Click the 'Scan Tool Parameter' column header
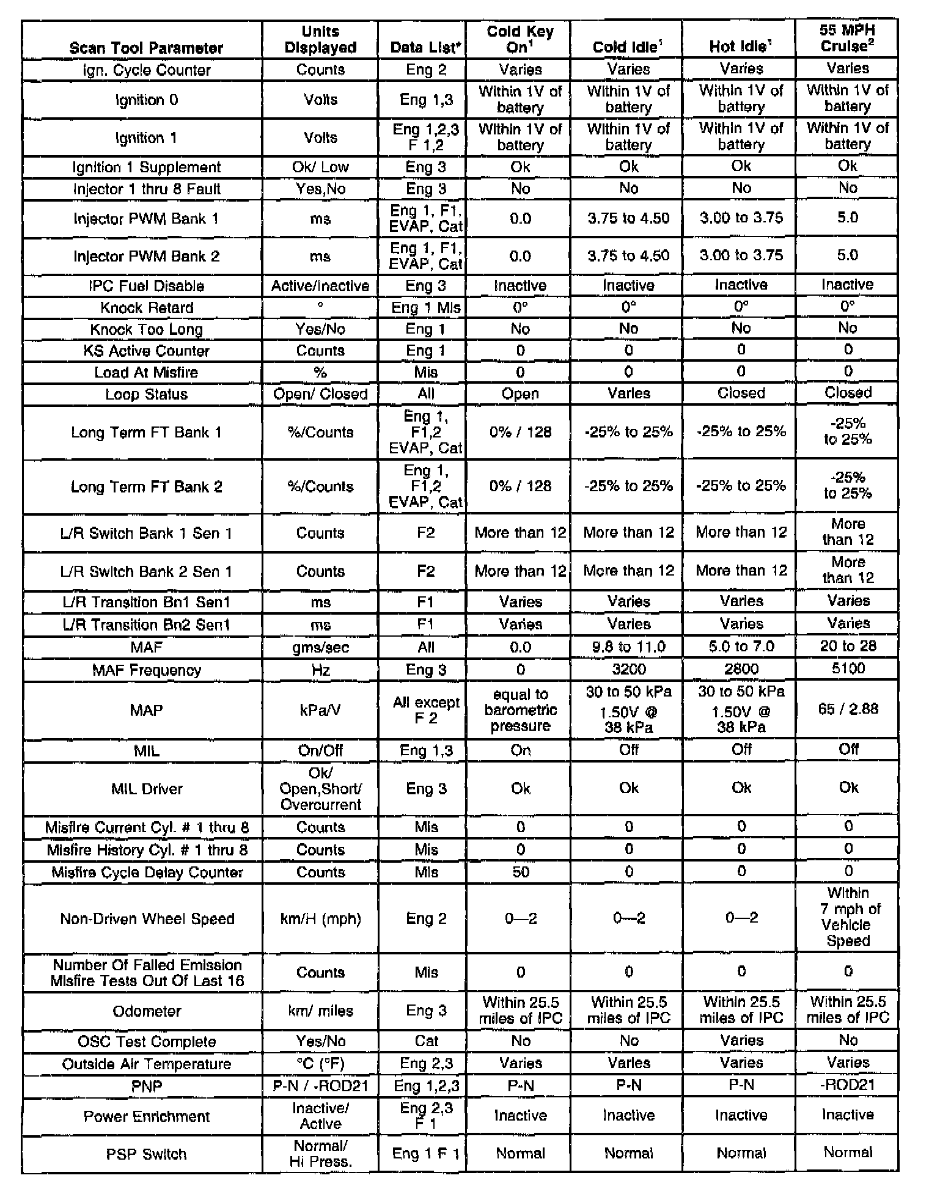pyautogui.click(x=146, y=48)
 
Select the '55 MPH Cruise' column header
pyautogui.click(x=847, y=38)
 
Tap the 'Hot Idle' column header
pyautogui.click(x=741, y=46)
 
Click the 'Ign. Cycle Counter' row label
pyautogui.click(x=146, y=70)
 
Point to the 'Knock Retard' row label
pyautogui.click(x=146, y=307)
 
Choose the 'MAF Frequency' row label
pyautogui.click(x=146, y=670)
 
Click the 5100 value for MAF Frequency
pyautogui.click(x=848, y=668)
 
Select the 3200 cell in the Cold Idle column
pyautogui.click(x=628, y=669)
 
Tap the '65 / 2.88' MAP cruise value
pyautogui.click(x=848, y=709)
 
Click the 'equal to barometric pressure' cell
pyautogui.click(x=520, y=710)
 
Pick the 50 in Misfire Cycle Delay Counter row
pyautogui.click(x=520, y=872)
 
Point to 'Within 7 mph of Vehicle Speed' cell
pyautogui.click(x=848, y=916)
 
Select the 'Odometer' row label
pyautogui.click(x=146, y=1011)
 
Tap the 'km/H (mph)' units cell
pyautogui.click(x=320, y=918)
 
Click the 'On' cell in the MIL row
pyautogui.click(x=520, y=750)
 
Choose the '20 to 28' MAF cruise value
pyautogui.click(x=848, y=646)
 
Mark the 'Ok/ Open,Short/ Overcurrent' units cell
pyautogui.click(x=320, y=789)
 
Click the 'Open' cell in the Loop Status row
pyautogui.click(x=520, y=394)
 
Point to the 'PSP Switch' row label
pyautogui.click(x=146, y=1154)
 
